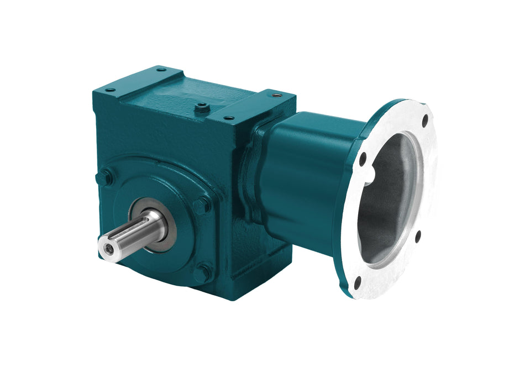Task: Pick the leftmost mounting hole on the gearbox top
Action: tap(109, 90)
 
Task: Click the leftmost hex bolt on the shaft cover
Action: tap(104, 178)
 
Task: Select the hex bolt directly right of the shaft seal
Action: tap(201, 206)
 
